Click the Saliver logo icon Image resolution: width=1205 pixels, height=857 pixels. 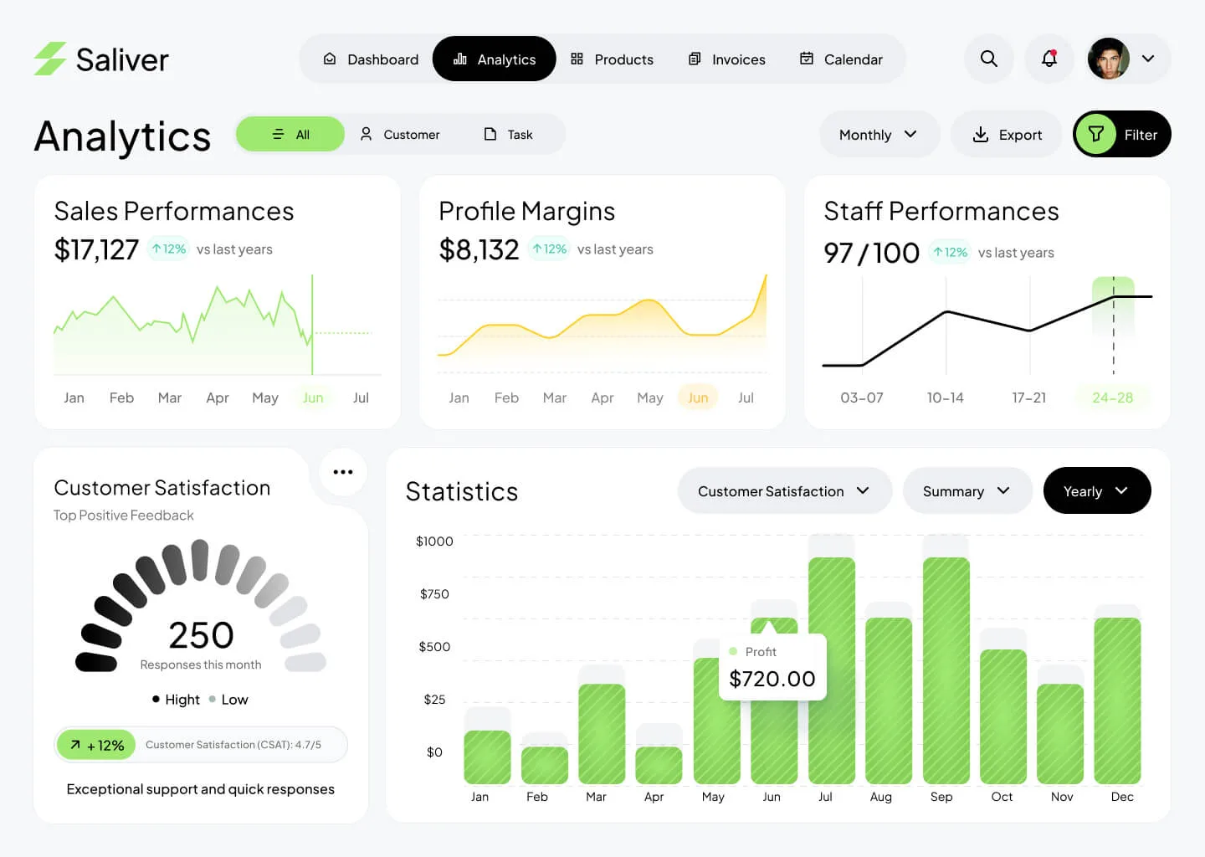pyautogui.click(x=50, y=59)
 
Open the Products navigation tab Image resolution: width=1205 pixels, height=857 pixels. pyautogui.click(x=612, y=59)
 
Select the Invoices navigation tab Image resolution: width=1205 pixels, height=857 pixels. pyautogui.click(x=726, y=59)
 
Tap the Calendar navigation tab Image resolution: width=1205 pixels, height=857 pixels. pyautogui.click(x=841, y=59)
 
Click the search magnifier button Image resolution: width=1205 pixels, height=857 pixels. pyautogui.click(x=989, y=59)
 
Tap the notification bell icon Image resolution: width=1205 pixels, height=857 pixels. pyautogui.click(x=1049, y=59)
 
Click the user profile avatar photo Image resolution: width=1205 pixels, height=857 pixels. pyautogui.click(x=1109, y=59)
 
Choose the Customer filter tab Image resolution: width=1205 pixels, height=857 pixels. pyautogui.click(x=400, y=135)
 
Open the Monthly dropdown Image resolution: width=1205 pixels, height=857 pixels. pyautogui.click(x=878, y=135)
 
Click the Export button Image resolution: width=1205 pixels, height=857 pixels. pyautogui.click(x=1007, y=135)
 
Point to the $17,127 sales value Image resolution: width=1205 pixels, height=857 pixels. pyautogui.click(x=96, y=249)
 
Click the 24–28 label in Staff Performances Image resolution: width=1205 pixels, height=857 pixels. pyautogui.click(x=1112, y=398)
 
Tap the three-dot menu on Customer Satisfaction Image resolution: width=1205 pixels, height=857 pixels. pyautogui.click(x=343, y=472)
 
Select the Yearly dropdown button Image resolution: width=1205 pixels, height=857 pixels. pyautogui.click(x=1096, y=491)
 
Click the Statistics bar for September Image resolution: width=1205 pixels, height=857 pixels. pyautogui.click(x=946, y=670)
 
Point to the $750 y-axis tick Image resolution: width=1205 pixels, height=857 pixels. pyautogui.click(x=434, y=594)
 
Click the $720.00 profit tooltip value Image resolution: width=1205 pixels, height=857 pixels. pyautogui.click(x=772, y=679)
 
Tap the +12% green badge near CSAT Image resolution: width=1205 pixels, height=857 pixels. pyautogui.click(x=97, y=745)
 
